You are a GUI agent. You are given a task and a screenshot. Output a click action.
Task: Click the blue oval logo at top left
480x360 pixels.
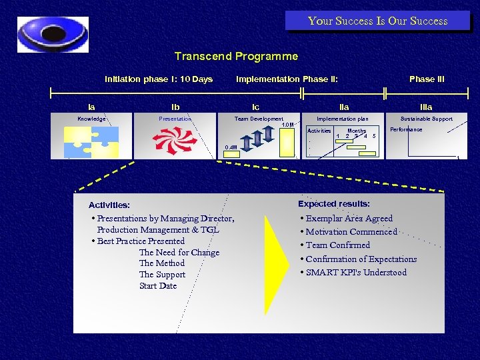point(53,35)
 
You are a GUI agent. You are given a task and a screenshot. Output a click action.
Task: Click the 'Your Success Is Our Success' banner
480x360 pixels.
point(377,21)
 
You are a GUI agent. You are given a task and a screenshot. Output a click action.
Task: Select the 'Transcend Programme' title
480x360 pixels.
point(236,57)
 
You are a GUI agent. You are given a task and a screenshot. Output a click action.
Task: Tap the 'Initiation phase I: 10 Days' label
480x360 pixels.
point(159,79)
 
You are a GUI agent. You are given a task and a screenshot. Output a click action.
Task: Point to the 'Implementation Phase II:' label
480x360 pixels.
point(287,79)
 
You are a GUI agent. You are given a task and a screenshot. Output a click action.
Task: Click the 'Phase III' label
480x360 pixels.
point(427,79)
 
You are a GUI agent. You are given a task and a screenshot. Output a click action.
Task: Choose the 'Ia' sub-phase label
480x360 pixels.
point(91,107)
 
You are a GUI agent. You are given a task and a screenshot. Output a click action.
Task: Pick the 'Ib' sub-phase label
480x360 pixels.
point(175,107)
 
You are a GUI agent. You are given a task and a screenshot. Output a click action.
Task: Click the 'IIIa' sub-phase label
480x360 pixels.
point(426,107)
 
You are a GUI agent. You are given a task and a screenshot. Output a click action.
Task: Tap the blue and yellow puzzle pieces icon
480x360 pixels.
point(91,141)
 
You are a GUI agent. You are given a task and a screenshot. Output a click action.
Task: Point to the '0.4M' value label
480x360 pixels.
point(231,147)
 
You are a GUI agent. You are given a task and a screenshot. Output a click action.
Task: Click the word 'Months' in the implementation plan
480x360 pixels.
point(357,131)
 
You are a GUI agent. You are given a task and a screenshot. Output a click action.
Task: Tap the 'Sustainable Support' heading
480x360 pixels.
point(426,119)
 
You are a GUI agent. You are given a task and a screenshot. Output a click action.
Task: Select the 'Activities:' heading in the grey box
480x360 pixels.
point(109,205)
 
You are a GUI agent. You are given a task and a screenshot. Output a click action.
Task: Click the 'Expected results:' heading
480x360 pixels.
point(334,204)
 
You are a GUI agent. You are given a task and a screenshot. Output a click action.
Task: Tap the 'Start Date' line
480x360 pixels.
point(158,286)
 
